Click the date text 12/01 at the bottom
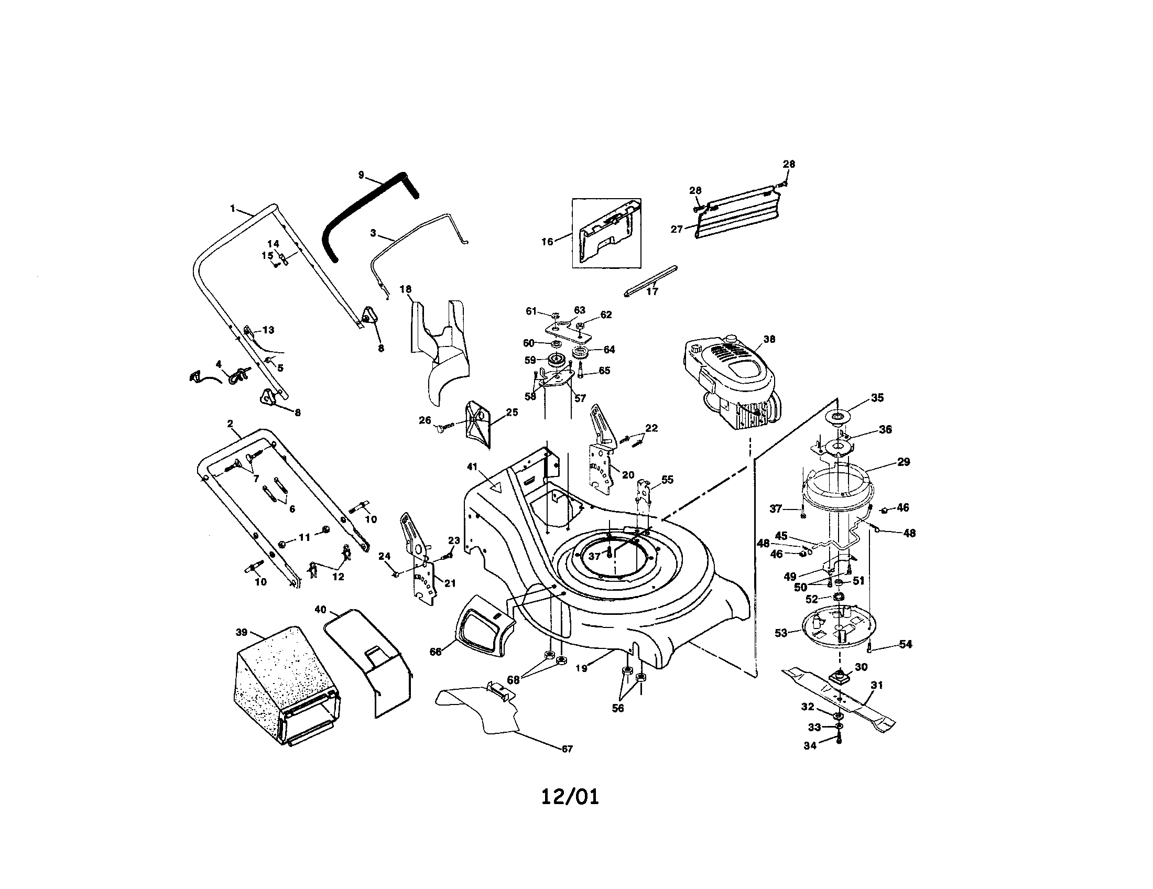[570, 797]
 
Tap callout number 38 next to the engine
[769, 340]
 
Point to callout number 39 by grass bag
[241, 633]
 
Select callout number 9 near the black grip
[361, 175]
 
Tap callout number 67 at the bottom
[567, 749]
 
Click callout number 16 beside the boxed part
[548, 242]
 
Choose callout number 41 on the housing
[472, 467]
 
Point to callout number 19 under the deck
[581, 668]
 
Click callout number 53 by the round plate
[781, 634]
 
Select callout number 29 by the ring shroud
[904, 462]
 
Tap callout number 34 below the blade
[810, 746]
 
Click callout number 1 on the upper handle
[233, 209]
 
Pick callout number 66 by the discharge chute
[435, 652]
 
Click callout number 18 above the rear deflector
[406, 289]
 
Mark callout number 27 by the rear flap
[676, 229]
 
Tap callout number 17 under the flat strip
[652, 291]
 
